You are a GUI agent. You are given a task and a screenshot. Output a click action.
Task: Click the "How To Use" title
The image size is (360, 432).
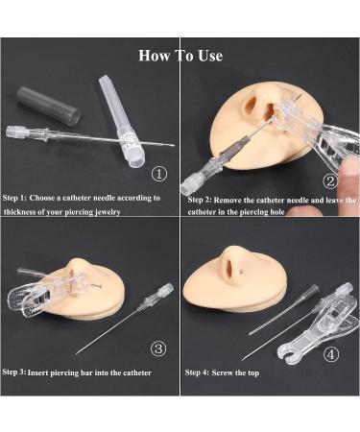[180, 56]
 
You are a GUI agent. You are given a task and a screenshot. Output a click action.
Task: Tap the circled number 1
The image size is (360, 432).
[159, 174]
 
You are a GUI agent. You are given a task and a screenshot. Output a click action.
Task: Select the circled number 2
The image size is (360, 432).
[330, 181]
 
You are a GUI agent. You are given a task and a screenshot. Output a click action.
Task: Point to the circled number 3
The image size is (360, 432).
[158, 348]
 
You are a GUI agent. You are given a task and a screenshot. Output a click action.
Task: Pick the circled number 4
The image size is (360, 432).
[331, 354]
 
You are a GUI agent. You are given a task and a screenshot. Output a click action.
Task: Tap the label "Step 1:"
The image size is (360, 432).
[14, 198]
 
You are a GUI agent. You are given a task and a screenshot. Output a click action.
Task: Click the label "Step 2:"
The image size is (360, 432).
[200, 200]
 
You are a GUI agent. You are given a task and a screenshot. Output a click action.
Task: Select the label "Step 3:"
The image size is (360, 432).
[14, 372]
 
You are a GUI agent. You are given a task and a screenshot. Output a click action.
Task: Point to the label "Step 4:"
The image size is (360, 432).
[197, 372]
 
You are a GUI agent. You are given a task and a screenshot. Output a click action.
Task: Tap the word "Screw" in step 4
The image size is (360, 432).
[223, 372]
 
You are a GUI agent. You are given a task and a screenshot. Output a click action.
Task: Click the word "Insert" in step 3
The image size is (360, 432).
[38, 372]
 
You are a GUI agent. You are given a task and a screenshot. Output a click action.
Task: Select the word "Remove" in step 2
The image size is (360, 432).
[228, 201]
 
